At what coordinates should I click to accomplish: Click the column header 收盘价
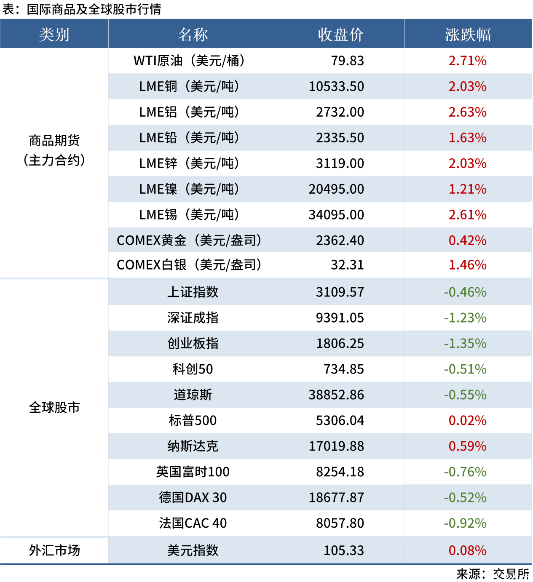pos(340,35)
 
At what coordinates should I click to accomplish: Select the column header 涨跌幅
pos(468,35)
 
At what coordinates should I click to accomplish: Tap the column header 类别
pos(54,35)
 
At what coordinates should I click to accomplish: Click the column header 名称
pos(193,35)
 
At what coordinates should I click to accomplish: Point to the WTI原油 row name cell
pos(189,61)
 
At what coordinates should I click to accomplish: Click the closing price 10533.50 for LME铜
pos(336,86)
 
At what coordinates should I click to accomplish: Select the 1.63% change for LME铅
pos(467,138)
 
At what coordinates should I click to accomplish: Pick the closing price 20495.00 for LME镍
pos(336,189)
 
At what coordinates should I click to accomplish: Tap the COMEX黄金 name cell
pos(189,240)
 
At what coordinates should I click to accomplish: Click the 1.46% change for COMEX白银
pos(467,265)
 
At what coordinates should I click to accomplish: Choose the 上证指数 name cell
pos(193,292)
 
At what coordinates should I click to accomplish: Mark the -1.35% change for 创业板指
pos(465,343)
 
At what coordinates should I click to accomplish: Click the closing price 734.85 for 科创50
pos(343,369)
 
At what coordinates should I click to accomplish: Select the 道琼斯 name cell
pos(193,395)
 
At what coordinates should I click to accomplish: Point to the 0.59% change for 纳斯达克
pos(467,446)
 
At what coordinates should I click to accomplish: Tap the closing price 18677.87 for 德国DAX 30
pos(336,497)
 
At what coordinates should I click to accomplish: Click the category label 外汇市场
pos(54,550)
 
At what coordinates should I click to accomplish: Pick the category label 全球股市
pos(54,407)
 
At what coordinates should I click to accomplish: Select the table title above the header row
pos(82,9)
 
